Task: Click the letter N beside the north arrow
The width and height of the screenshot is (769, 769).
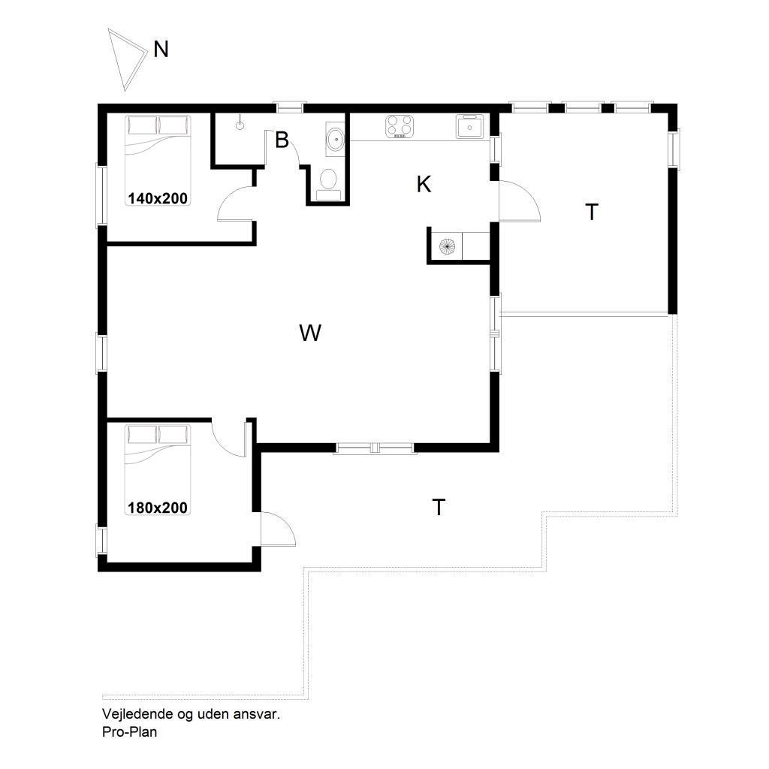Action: pos(161,50)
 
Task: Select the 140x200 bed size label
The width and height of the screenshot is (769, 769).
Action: pos(158,198)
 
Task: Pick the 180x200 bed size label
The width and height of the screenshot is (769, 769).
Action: pos(158,507)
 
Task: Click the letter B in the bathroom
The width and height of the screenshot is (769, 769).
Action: pos(282,140)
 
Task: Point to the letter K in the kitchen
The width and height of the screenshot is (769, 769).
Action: pos(424,185)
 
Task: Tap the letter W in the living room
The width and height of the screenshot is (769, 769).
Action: pos(310,333)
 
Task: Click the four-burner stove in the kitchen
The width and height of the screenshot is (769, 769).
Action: pos(400,126)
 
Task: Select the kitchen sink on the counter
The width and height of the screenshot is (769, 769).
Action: pos(469,126)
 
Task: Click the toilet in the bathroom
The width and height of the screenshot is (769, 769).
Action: pos(328,185)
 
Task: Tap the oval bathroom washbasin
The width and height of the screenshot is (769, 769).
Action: pos(336,138)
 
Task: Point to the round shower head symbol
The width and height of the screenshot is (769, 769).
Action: pos(240,125)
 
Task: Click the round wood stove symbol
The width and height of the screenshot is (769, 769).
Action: pos(448,246)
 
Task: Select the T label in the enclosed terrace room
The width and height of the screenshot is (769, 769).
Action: pos(592,213)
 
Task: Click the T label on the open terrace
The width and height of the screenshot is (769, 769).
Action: pos(439,507)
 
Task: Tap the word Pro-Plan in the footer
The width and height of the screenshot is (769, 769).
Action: pos(129,731)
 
